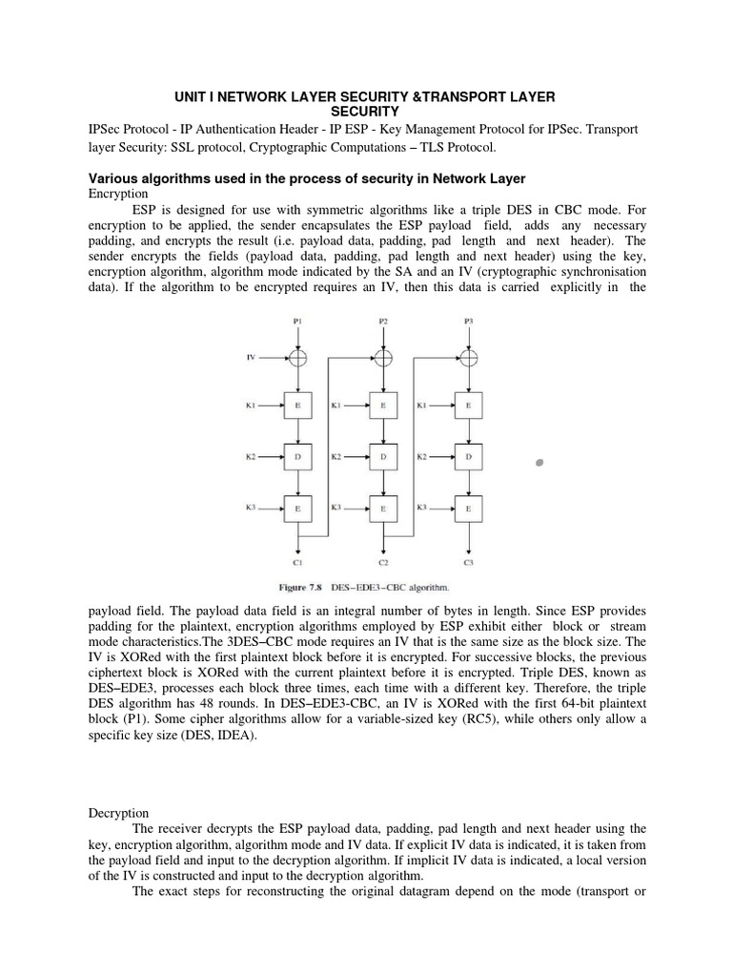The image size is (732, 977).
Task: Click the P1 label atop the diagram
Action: pyautogui.click(x=299, y=322)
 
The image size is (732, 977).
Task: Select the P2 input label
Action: pyautogui.click(x=383, y=322)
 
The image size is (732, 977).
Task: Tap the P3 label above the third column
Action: pyautogui.click(x=468, y=322)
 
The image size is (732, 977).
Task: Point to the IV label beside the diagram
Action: pyautogui.click(x=251, y=358)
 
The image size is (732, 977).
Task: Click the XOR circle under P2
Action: pyautogui.click(x=383, y=358)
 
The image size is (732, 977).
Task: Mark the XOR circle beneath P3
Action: pyautogui.click(x=468, y=358)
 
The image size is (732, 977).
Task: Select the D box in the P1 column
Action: pyautogui.click(x=299, y=457)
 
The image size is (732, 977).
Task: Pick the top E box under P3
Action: pyautogui.click(x=468, y=405)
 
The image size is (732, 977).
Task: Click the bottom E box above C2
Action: pyautogui.click(x=383, y=509)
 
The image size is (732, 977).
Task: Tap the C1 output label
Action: pyautogui.click(x=299, y=563)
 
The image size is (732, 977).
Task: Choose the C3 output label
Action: pyautogui.click(x=468, y=563)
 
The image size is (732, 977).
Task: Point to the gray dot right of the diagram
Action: pyautogui.click(x=539, y=463)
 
